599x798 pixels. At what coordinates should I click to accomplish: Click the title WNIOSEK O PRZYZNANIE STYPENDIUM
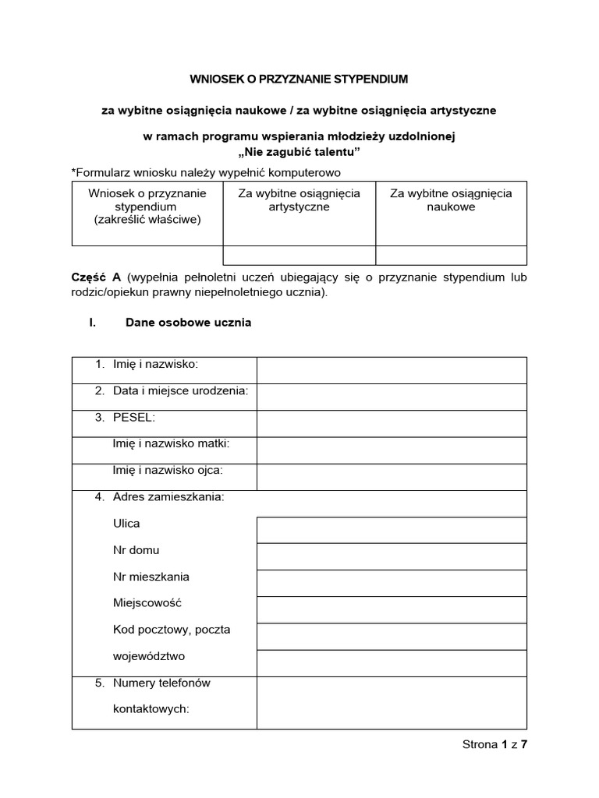[x=299, y=79]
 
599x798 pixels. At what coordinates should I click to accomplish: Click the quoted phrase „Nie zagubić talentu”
[x=299, y=150]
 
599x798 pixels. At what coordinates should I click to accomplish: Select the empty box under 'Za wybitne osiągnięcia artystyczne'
[x=299, y=256]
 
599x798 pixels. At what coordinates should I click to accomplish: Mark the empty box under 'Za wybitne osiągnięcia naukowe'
[x=451, y=256]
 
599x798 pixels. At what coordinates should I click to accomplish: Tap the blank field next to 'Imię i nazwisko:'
[x=392, y=370]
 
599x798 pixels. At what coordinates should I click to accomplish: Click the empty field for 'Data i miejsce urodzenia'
[x=392, y=397]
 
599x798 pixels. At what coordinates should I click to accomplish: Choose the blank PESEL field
[x=392, y=423]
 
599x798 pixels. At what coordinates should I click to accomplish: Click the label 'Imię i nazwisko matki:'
[x=172, y=443]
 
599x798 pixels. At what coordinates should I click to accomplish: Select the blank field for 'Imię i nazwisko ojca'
[x=392, y=476]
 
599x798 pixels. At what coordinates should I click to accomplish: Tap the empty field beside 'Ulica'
[x=392, y=530]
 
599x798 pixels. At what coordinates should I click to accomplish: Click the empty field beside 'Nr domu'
[x=392, y=556]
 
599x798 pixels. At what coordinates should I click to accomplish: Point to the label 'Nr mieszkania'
[x=151, y=577]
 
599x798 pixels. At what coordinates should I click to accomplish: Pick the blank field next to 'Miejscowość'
[x=392, y=610]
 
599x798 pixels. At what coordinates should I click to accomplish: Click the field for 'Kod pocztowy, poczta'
[x=392, y=637]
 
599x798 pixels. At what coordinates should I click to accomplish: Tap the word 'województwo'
[x=149, y=656]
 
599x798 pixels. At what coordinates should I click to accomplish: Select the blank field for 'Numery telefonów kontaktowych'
[x=392, y=702]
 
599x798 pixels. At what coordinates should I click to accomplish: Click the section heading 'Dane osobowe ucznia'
[x=188, y=323]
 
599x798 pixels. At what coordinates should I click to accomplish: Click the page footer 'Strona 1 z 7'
[x=495, y=744]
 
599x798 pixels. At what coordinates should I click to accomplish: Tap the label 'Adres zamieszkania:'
[x=168, y=496]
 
